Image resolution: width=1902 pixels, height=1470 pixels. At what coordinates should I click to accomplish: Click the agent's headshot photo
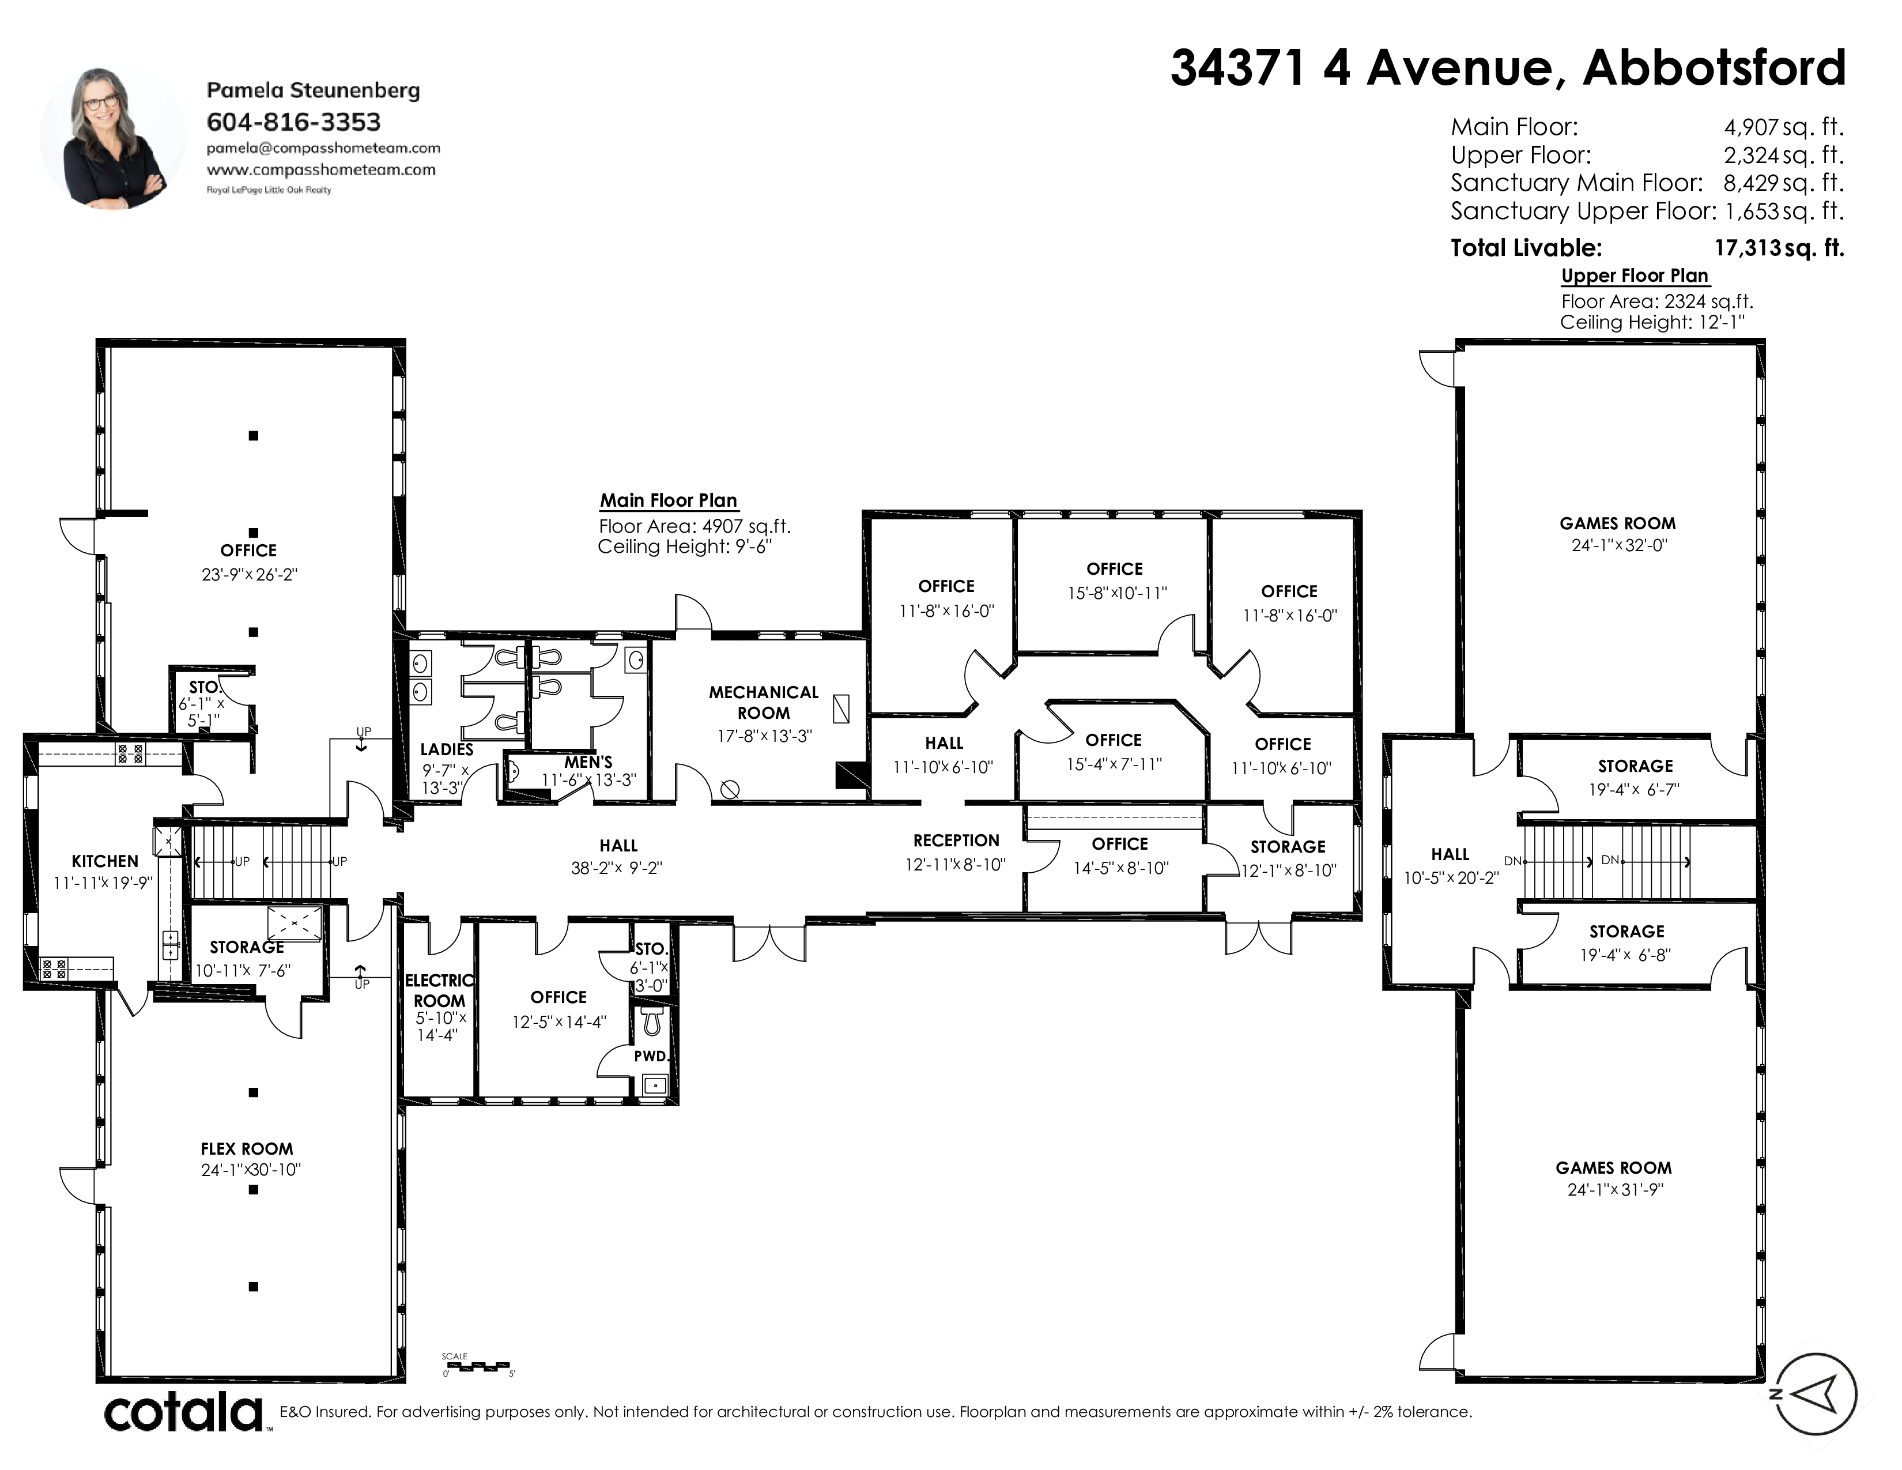[112, 138]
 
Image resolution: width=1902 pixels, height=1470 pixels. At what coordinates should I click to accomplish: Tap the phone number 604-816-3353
[293, 122]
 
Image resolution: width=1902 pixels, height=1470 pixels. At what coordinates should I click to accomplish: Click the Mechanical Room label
[764, 702]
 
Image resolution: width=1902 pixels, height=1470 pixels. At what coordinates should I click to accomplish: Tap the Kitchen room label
[104, 861]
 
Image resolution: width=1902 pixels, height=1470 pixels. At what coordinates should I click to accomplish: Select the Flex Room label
[247, 1149]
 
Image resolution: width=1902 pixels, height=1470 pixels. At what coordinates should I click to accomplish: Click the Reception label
[956, 840]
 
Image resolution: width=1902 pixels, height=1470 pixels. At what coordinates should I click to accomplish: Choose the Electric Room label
[440, 991]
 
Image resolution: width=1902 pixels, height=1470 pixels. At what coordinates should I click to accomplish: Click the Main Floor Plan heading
[669, 501]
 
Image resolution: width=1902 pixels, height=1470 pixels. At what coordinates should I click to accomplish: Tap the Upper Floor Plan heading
[1635, 276]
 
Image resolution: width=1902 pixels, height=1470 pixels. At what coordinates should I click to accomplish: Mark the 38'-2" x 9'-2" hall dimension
[617, 868]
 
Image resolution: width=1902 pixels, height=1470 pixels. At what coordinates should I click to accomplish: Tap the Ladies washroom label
[447, 749]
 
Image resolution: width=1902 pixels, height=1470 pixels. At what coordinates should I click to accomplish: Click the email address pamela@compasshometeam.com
[323, 148]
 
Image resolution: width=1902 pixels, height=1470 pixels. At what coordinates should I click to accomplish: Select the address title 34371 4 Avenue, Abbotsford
[1508, 68]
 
